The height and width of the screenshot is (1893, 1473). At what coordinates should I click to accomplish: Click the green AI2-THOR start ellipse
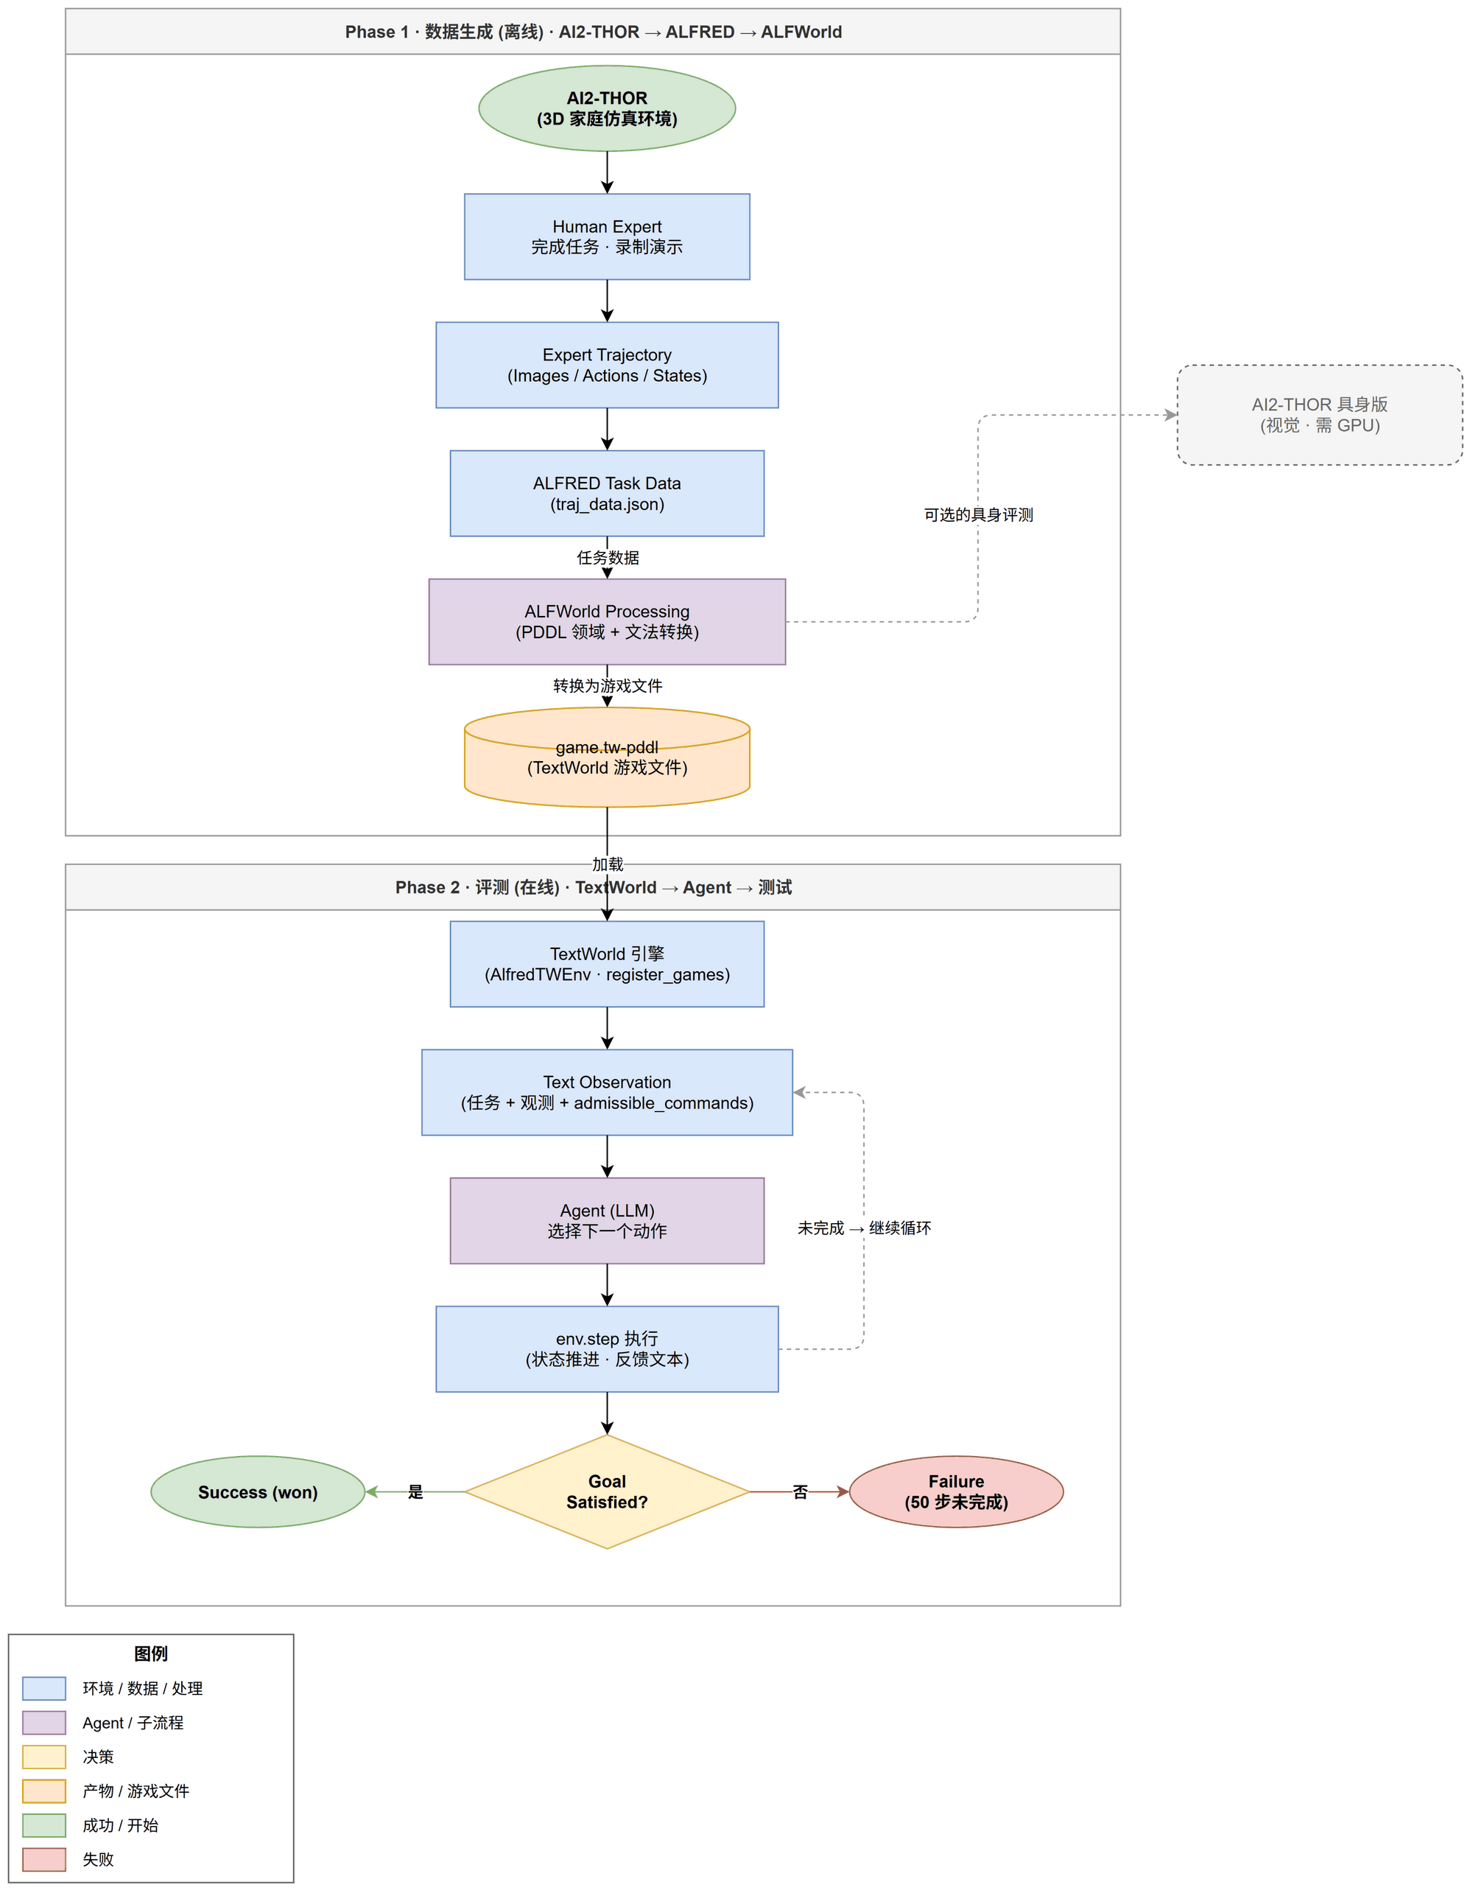click(x=607, y=108)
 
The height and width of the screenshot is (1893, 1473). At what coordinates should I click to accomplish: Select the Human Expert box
click(x=607, y=237)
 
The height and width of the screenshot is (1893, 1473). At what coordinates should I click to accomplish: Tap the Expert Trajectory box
click(x=607, y=365)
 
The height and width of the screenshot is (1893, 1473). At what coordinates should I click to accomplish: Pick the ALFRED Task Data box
click(x=607, y=493)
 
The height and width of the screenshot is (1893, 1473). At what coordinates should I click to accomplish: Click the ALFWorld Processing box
click(x=607, y=621)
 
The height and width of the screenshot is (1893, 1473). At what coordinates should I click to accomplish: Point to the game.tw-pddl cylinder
click(x=607, y=757)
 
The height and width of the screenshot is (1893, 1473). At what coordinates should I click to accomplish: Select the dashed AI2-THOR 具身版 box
click(x=1319, y=414)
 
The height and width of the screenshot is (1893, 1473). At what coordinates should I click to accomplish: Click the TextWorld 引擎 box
click(x=607, y=964)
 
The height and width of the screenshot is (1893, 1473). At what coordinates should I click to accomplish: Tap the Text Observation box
click(x=607, y=1092)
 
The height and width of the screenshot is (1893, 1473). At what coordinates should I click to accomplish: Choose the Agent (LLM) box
click(x=607, y=1220)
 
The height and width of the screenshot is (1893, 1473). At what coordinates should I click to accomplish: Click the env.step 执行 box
click(x=607, y=1348)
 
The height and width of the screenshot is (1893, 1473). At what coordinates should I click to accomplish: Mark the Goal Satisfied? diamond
click(x=607, y=1491)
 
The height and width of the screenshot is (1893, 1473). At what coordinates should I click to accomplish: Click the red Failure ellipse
click(x=956, y=1491)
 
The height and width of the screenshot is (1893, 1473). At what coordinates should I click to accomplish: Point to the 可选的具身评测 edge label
click(x=978, y=515)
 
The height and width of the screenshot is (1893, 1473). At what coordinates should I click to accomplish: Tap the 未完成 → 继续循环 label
click(x=864, y=1228)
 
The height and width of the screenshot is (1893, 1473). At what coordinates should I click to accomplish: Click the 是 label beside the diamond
click(x=415, y=1491)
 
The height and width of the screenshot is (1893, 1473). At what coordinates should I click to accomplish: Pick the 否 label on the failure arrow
click(x=800, y=1491)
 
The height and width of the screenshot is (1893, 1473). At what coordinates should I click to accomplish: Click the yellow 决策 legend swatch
click(x=44, y=1756)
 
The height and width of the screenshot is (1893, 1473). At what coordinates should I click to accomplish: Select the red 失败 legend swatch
click(x=44, y=1859)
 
